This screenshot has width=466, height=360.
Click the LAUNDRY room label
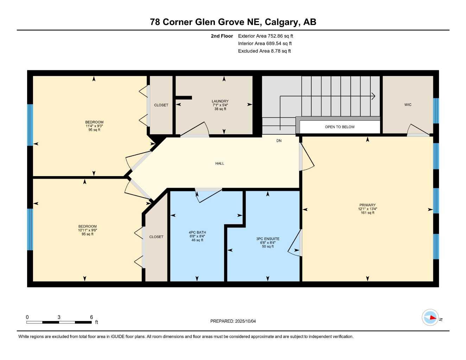coord(220,101)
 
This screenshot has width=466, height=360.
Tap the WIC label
coord(408,105)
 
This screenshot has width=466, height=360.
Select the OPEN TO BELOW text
coord(339,127)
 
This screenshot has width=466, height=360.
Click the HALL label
coord(219,163)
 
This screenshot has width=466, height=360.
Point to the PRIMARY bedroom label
coord(368,205)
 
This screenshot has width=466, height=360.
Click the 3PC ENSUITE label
coord(268,239)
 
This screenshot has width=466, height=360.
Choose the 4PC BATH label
coord(197,232)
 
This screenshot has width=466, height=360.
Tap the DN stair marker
coord(279,141)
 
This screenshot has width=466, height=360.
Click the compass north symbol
coord(431,318)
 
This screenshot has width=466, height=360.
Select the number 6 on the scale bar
coord(91,317)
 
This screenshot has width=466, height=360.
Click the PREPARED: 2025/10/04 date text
coord(233,321)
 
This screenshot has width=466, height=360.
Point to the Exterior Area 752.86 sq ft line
coord(266,36)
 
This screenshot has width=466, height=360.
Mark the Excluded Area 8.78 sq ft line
coord(264,51)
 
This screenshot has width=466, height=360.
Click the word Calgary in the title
coord(281,22)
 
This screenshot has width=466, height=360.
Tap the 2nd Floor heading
coord(222,36)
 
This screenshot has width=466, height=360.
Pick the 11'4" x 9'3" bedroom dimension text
coord(94,126)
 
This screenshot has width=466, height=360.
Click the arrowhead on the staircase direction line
coord(374,96)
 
